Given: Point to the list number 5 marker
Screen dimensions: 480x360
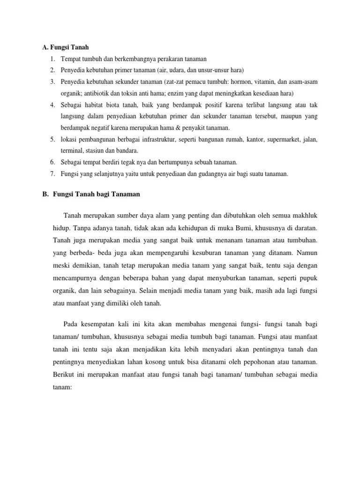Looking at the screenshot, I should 52,139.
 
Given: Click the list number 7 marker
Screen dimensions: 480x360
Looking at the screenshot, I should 52,173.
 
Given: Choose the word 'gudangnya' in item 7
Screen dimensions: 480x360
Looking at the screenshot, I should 215,173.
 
